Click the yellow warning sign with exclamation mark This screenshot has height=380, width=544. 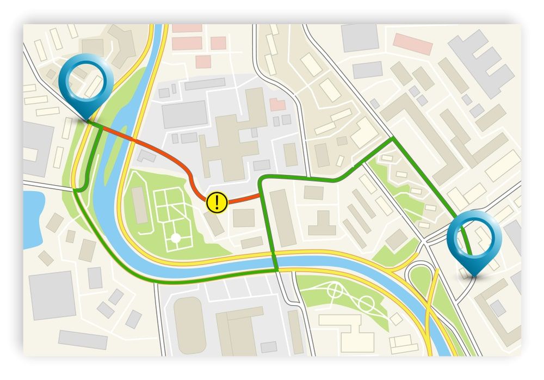click(x=218, y=202)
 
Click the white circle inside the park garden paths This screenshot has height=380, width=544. click(x=175, y=238)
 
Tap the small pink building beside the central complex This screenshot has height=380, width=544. click(x=278, y=104)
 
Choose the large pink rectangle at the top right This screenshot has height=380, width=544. click(x=413, y=44)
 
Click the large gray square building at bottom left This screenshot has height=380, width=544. click(x=52, y=295)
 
